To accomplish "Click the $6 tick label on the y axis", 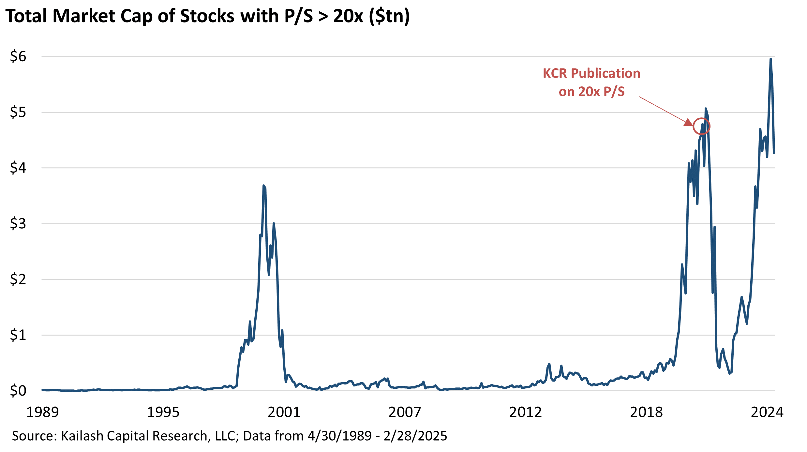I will pos(18,56).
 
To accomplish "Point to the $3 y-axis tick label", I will pos(18,224).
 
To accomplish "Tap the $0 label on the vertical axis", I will pos(18,391).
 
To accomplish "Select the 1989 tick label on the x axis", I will pos(42,413).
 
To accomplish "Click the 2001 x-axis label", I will pos(284,413).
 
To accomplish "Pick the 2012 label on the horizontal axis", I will pos(525,413).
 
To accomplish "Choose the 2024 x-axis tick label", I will pos(767,413).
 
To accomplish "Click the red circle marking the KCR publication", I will pos(701,126).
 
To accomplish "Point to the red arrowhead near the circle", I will pos(688,123).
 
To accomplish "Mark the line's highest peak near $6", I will pos(770,59).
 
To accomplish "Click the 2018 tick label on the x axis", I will pos(646,413).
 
